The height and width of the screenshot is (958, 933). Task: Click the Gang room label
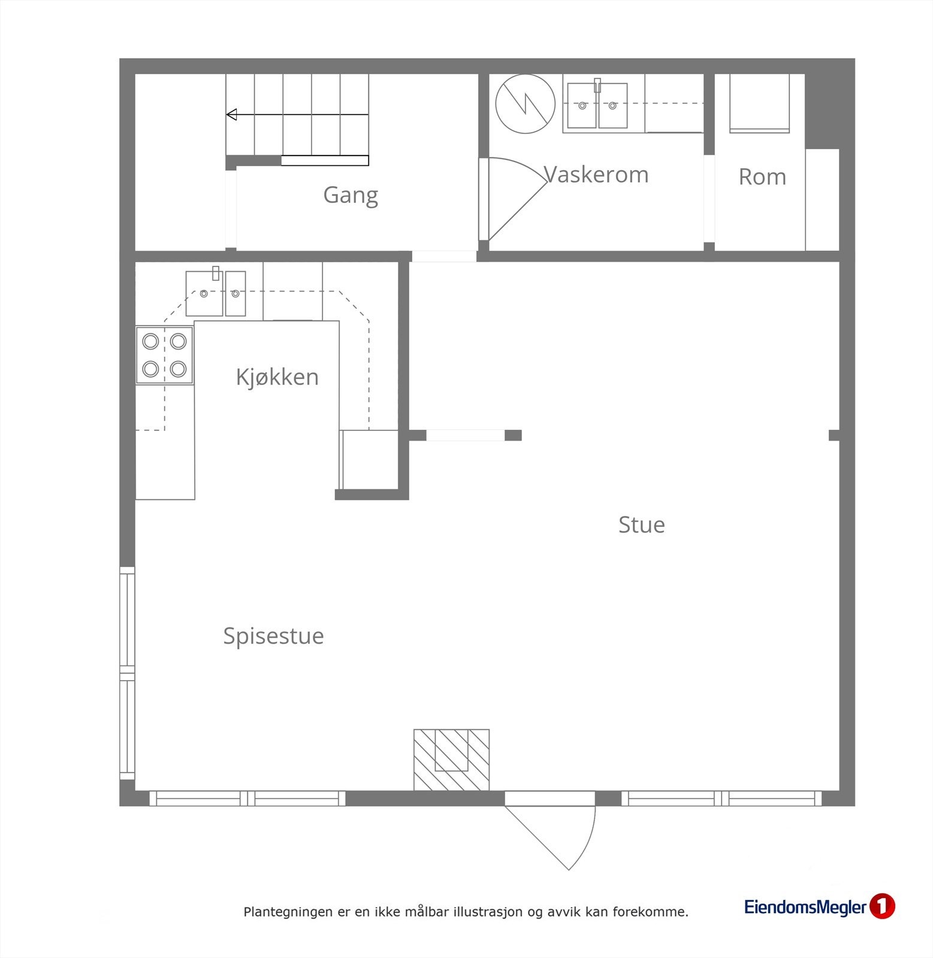point(351,196)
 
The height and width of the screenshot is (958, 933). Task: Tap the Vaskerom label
point(596,175)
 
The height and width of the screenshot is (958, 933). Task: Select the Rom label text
point(762,177)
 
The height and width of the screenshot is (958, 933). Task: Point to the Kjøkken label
point(277,377)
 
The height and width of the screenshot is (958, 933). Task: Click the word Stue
point(641,525)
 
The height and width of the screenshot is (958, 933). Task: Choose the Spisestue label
point(273,636)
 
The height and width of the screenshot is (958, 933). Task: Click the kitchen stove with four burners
point(164,355)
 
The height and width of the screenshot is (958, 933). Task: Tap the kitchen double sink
point(216,293)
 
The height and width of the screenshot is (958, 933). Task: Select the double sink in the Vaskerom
point(597,106)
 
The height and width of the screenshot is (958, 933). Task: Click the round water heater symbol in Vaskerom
point(525,104)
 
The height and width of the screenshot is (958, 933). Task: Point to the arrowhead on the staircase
point(231,114)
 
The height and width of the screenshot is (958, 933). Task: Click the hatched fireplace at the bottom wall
point(451,760)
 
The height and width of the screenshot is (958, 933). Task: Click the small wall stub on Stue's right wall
point(834,435)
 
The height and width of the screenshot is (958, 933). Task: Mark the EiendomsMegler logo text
point(805,907)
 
